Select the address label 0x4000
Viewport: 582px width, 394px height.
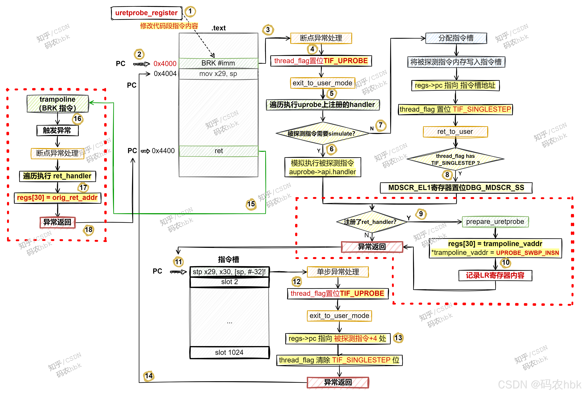(x=165, y=64)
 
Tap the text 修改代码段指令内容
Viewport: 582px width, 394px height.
(x=169, y=26)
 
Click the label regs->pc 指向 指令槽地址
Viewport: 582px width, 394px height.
(x=455, y=85)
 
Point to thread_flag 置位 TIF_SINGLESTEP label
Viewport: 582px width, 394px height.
(x=455, y=109)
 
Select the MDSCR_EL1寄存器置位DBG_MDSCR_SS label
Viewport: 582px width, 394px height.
(x=456, y=188)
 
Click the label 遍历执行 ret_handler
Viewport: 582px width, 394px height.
(x=57, y=176)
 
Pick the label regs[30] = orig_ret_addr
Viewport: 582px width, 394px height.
(x=57, y=198)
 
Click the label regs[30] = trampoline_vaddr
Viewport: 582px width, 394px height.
(x=495, y=244)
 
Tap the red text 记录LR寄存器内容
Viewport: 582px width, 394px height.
(x=495, y=275)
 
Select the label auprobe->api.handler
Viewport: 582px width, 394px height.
(x=322, y=172)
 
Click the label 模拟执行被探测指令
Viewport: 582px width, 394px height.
(x=322, y=163)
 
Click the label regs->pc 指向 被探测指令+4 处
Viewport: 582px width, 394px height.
(x=337, y=339)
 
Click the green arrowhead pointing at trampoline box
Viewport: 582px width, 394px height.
(x=91, y=102)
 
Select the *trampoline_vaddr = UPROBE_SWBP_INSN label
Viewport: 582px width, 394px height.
(x=495, y=253)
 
